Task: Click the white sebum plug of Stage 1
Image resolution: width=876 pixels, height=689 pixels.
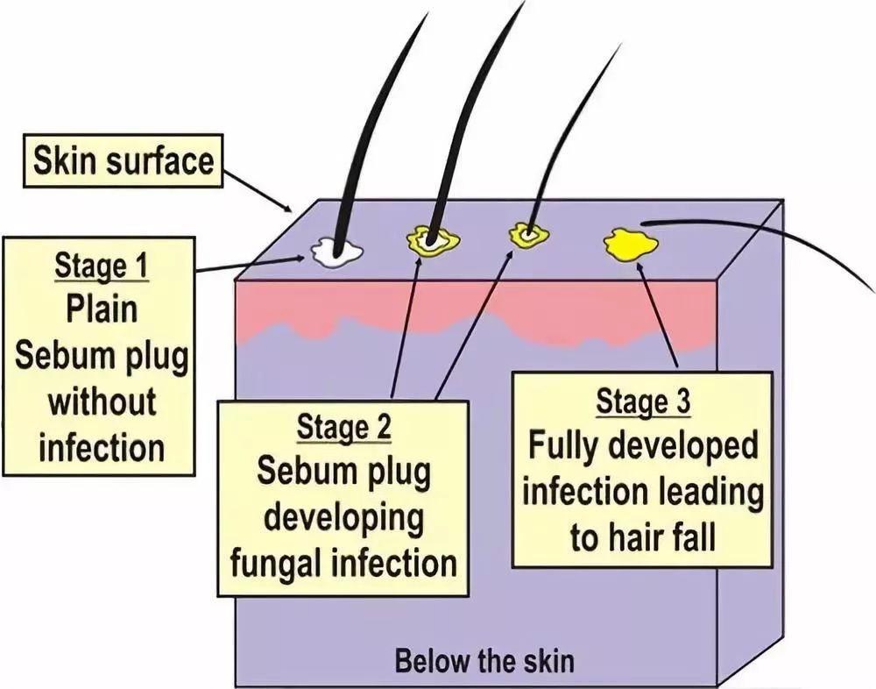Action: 336,252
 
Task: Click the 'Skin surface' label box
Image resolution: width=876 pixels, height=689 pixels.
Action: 124,161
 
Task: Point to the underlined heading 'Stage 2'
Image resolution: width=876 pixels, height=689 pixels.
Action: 344,429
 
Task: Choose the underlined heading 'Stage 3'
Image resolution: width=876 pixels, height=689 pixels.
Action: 643,401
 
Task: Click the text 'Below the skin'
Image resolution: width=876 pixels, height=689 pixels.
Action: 484,659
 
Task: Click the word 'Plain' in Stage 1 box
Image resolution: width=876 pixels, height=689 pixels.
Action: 102,309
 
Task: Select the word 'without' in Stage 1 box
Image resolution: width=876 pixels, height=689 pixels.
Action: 102,401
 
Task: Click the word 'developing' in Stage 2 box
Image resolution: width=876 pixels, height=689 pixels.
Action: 344,517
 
